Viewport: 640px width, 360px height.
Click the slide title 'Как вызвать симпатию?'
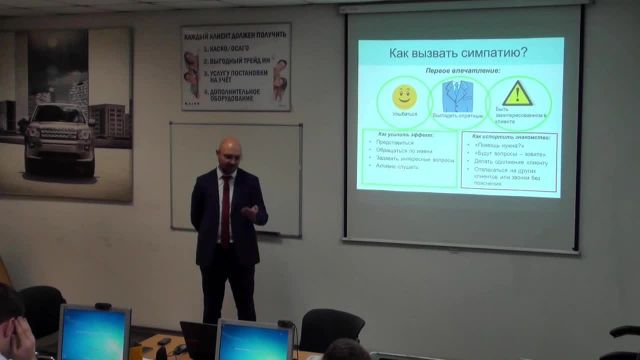(459, 50)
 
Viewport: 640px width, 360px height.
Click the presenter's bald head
(230, 152)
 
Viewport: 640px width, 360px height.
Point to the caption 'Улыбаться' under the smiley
(403, 129)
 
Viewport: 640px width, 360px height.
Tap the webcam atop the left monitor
(94, 303)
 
